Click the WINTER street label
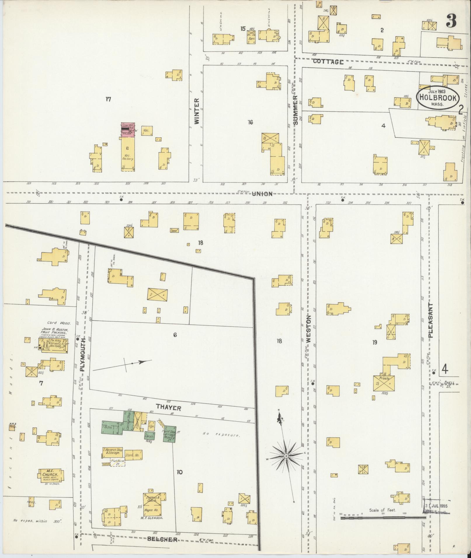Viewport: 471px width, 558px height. click(x=196, y=111)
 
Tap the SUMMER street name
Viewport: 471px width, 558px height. click(x=295, y=110)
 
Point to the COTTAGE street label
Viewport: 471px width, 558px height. click(x=328, y=62)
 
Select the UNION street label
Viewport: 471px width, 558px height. click(x=262, y=194)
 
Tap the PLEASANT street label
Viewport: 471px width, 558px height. click(x=431, y=320)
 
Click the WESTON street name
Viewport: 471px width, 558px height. click(x=309, y=329)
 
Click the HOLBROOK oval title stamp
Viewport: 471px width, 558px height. click(x=437, y=97)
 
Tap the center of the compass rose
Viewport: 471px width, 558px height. click(x=286, y=464)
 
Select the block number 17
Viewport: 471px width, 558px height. click(x=108, y=99)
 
